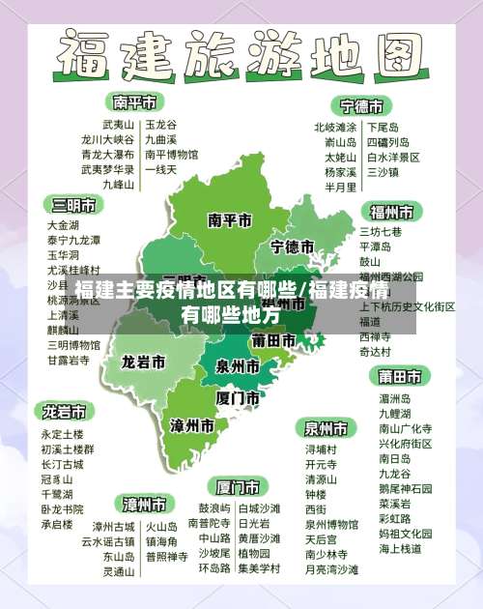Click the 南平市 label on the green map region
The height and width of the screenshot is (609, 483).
click(x=230, y=219)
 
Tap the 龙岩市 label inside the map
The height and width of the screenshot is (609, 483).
click(x=142, y=362)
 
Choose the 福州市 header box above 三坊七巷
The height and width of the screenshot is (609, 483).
click(x=391, y=211)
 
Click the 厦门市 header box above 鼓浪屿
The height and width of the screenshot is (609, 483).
click(x=238, y=485)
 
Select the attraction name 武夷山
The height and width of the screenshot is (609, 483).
click(x=119, y=125)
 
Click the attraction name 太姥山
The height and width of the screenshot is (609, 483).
click(x=340, y=156)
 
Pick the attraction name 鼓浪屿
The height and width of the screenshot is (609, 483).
click(x=214, y=508)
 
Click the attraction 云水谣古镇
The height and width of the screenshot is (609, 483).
click(x=108, y=542)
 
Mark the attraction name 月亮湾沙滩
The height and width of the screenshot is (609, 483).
click(x=331, y=569)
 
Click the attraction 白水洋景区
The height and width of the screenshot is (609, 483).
click(x=393, y=156)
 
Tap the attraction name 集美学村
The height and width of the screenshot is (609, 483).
click(x=258, y=569)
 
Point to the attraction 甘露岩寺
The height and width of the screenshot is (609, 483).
click(x=69, y=360)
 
